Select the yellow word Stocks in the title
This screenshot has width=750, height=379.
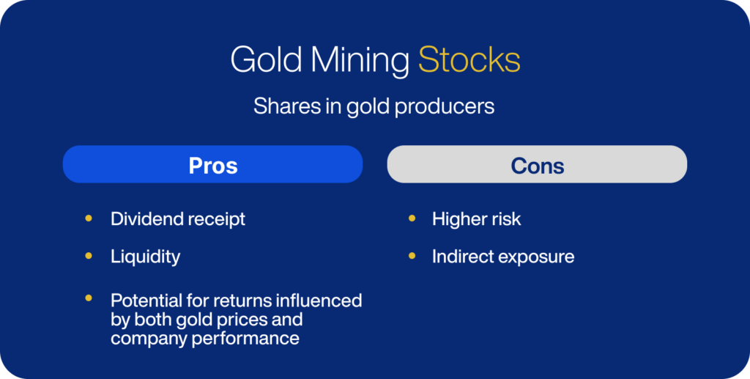[469, 60]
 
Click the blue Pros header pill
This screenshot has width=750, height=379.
[213, 164]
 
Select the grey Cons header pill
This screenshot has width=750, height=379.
[537, 164]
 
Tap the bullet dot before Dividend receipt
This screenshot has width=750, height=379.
[89, 218]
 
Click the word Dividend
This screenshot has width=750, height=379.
[147, 218]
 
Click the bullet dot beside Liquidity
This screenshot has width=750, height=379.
[89, 256]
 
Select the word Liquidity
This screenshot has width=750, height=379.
[146, 257]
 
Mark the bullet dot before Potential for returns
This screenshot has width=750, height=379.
[89, 298]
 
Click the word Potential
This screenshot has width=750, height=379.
[145, 301]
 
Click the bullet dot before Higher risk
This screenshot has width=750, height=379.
[412, 218]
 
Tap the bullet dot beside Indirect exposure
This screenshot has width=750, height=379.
[412, 256]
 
